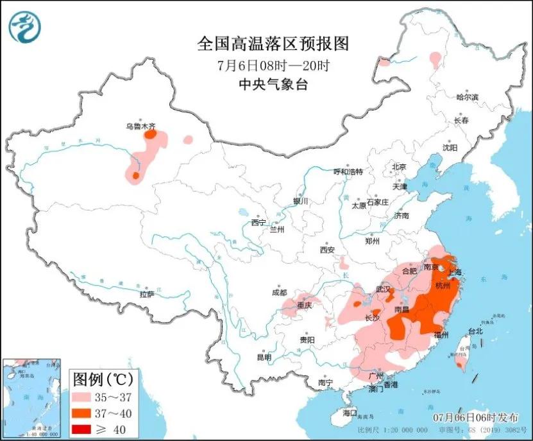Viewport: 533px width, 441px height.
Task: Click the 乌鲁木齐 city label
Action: click(140, 126)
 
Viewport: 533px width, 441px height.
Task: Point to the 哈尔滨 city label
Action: click(468, 97)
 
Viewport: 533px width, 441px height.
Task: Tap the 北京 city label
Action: click(399, 167)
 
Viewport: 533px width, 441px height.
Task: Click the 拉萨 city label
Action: click(147, 295)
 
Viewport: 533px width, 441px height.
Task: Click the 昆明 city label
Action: click(264, 357)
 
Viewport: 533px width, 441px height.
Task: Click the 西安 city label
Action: click(328, 250)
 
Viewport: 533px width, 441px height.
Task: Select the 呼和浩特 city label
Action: click(348, 172)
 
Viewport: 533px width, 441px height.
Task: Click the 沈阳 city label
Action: click(450, 148)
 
